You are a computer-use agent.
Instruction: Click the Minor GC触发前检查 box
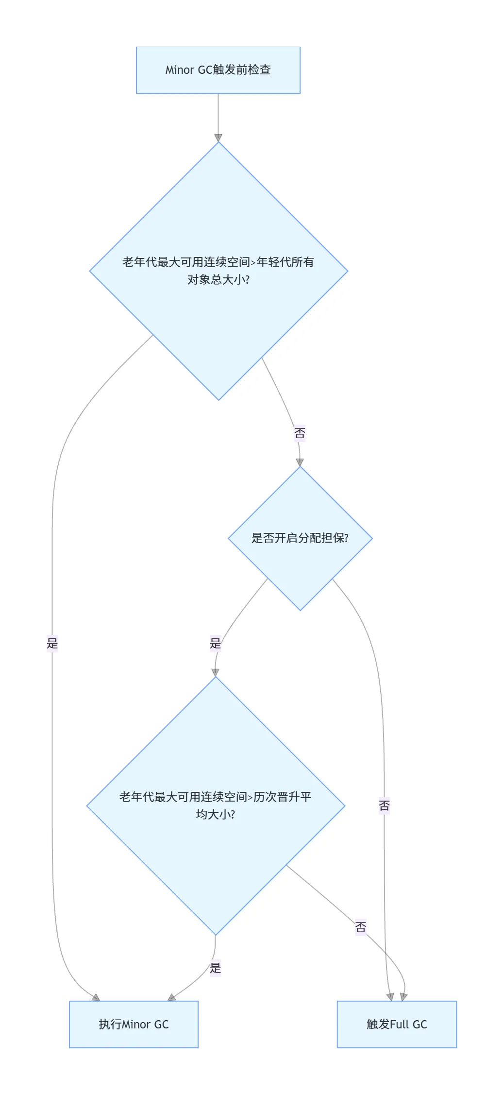click(x=218, y=70)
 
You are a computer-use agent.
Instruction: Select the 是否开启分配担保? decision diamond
click(x=300, y=538)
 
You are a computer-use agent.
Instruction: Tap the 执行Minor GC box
click(x=134, y=1024)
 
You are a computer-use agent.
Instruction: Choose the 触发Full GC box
click(x=397, y=1024)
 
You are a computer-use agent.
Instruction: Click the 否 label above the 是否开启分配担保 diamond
click(x=300, y=433)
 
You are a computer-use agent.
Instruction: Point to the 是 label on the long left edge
click(x=52, y=643)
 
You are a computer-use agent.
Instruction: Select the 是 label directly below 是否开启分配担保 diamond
click(x=215, y=643)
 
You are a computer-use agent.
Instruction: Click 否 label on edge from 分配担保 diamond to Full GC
click(x=384, y=806)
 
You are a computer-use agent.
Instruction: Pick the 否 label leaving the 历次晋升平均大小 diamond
click(x=360, y=927)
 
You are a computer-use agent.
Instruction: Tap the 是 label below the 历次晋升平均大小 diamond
click(x=215, y=968)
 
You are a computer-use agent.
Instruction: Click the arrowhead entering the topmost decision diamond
click(x=218, y=137)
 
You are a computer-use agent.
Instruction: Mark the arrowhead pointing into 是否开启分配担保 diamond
click(x=300, y=462)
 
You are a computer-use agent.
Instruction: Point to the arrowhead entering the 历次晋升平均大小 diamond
click(x=215, y=672)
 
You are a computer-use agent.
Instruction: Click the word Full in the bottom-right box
click(x=399, y=1024)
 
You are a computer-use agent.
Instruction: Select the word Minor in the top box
click(x=180, y=70)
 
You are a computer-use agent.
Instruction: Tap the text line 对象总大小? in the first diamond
click(x=218, y=280)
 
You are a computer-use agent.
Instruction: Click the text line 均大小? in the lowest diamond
click(x=216, y=814)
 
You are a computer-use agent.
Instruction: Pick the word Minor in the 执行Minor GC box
click(x=136, y=1024)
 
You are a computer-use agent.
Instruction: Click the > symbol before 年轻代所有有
click(x=253, y=263)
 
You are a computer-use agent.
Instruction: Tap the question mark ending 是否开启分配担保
click(x=346, y=538)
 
